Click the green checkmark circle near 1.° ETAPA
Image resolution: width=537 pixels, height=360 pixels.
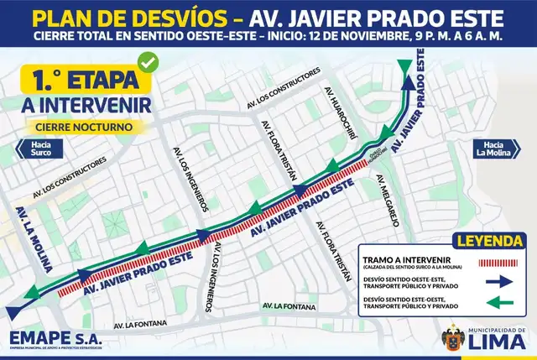149,62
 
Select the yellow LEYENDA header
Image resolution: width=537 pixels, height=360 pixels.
490,242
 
